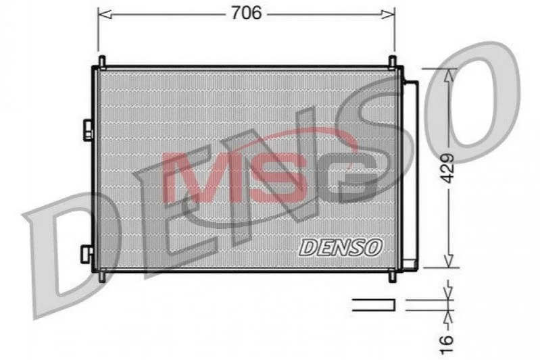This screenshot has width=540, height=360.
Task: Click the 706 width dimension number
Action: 246,13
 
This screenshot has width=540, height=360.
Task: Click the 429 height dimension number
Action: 447,168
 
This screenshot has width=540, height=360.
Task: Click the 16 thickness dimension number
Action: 446,344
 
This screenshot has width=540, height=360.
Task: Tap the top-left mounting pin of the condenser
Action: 102,61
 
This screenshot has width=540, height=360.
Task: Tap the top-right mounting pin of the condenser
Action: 392,61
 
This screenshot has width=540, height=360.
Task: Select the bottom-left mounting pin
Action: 102,277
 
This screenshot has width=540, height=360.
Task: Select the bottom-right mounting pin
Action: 392,277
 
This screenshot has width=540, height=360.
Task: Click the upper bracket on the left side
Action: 88,130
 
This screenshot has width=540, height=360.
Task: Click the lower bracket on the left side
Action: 87,254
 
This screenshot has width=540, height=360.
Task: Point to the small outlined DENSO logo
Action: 341,247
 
